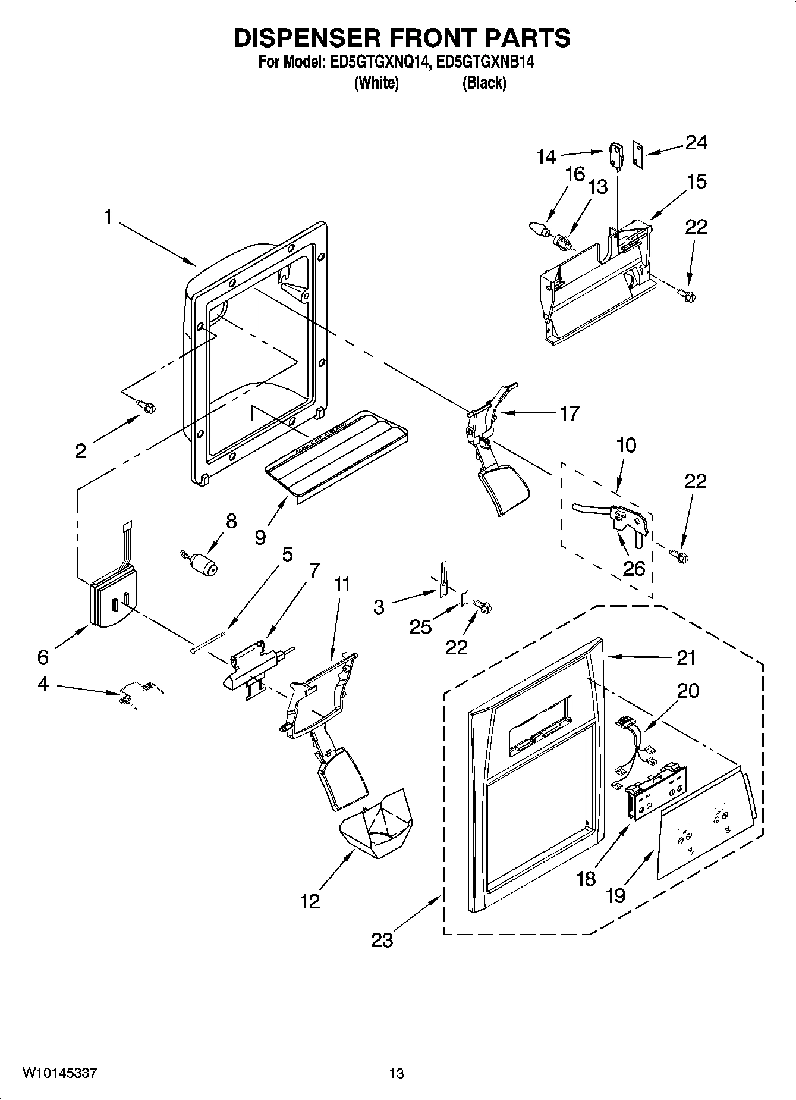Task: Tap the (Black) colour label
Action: point(484,83)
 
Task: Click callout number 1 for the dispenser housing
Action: point(108,217)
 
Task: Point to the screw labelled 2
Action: point(146,406)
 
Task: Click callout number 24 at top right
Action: point(696,142)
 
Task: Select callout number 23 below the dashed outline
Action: point(382,940)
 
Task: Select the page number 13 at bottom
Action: point(397,1073)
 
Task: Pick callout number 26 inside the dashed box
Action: point(633,568)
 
